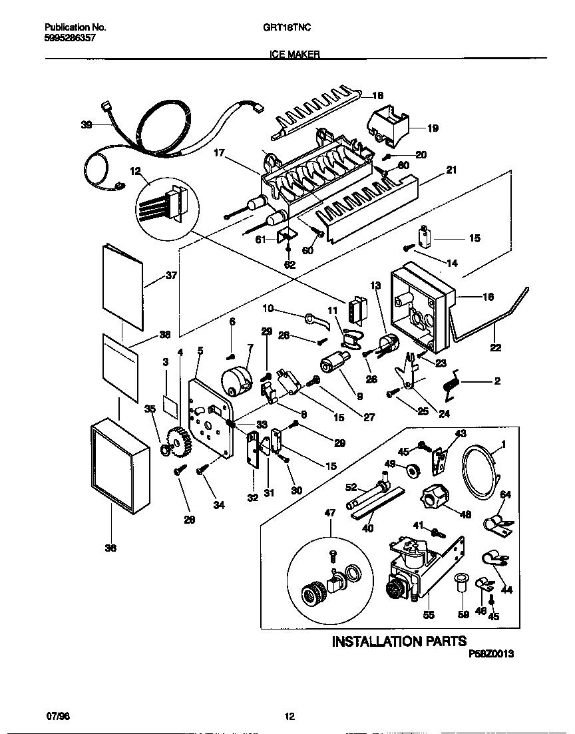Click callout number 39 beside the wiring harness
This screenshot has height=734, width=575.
pyautogui.click(x=87, y=124)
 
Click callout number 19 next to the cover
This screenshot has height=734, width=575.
pyautogui.click(x=433, y=129)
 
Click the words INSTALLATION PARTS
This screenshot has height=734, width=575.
pyautogui.click(x=399, y=642)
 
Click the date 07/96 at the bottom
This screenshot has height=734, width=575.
pyautogui.click(x=58, y=716)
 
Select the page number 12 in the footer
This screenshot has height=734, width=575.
pyautogui.click(x=289, y=716)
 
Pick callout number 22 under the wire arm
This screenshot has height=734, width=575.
pyautogui.click(x=496, y=347)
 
